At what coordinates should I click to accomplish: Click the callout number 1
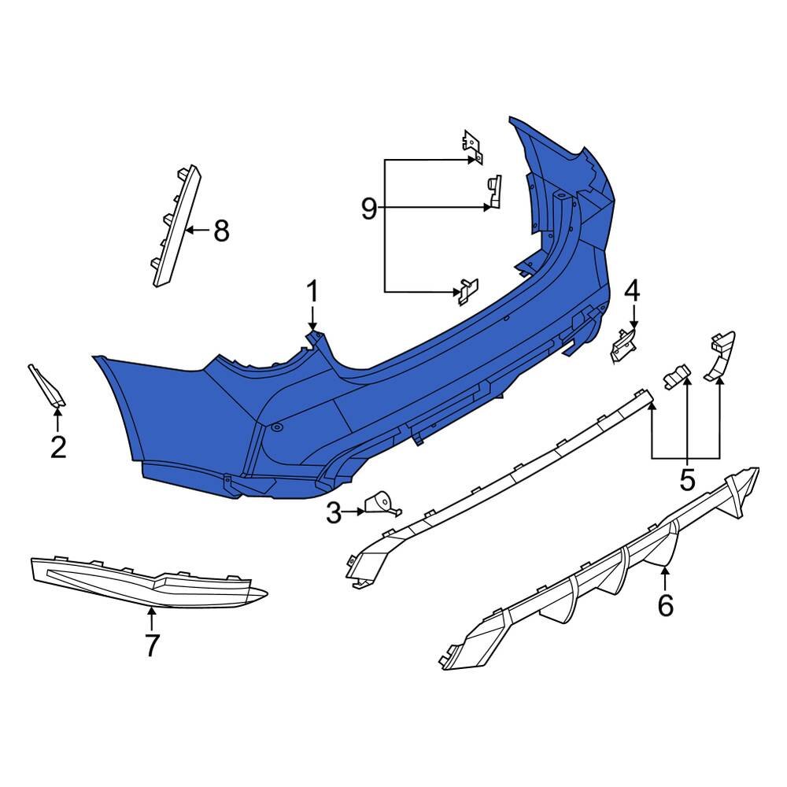(x=312, y=292)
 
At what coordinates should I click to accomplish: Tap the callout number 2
(x=58, y=447)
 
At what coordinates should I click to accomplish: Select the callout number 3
(x=334, y=512)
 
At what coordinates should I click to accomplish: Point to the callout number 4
(x=633, y=290)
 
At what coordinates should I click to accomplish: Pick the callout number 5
(x=687, y=479)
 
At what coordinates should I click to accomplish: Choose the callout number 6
(x=666, y=605)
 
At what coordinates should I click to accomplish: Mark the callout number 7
(x=152, y=645)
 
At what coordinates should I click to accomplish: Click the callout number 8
(x=221, y=231)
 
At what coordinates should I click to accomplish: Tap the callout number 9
(x=369, y=209)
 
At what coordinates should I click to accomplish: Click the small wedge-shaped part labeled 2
(x=46, y=386)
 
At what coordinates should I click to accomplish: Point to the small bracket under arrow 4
(x=623, y=345)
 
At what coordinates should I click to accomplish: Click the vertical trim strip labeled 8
(x=176, y=225)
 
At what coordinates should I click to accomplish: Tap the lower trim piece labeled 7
(x=148, y=582)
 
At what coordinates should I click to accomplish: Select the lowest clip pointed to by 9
(x=467, y=292)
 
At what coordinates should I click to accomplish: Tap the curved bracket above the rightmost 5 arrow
(x=721, y=355)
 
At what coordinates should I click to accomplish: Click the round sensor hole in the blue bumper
(x=276, y=428)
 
